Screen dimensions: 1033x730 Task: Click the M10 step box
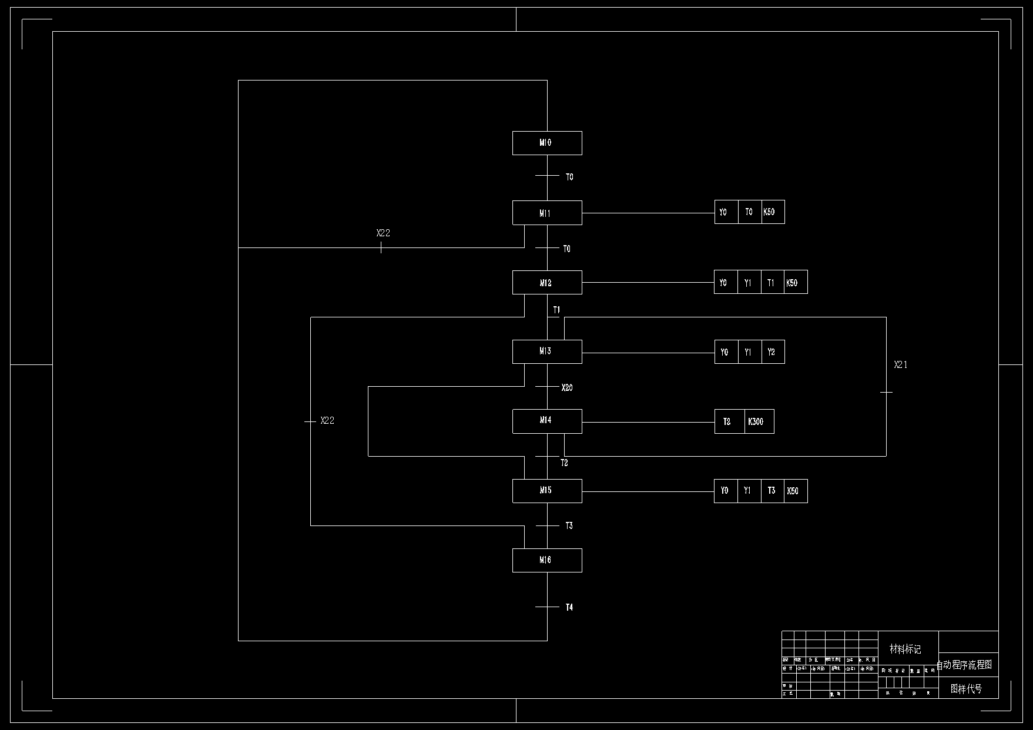[546, 143]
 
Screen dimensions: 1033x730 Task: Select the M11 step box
[546, 213]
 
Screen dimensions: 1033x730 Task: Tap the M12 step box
[546, 283]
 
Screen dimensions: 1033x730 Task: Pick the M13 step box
[546, 351]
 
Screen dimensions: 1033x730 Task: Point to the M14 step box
[546, 421]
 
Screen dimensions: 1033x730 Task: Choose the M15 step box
[546, 491]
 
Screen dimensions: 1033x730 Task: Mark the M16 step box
[546, 560]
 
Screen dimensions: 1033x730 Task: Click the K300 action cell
[759, 421]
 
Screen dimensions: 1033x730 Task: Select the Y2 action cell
[772, 352]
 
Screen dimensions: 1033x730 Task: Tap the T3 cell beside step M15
[772, 491]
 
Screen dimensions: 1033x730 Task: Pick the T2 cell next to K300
[728, 421]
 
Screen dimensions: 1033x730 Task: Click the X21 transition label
[901, 365]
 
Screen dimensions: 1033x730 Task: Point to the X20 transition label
[567, 388]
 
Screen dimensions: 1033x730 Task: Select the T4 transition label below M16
[569, 608]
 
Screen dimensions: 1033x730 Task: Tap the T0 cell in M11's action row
[749, 212]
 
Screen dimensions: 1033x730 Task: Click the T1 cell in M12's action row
[772, 283]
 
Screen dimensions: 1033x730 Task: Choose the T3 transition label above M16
[569, 526]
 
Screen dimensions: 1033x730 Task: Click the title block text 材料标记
[905, 649]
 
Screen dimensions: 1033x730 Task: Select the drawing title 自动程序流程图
[964, 665]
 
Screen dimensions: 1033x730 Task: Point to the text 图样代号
[967, 689]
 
